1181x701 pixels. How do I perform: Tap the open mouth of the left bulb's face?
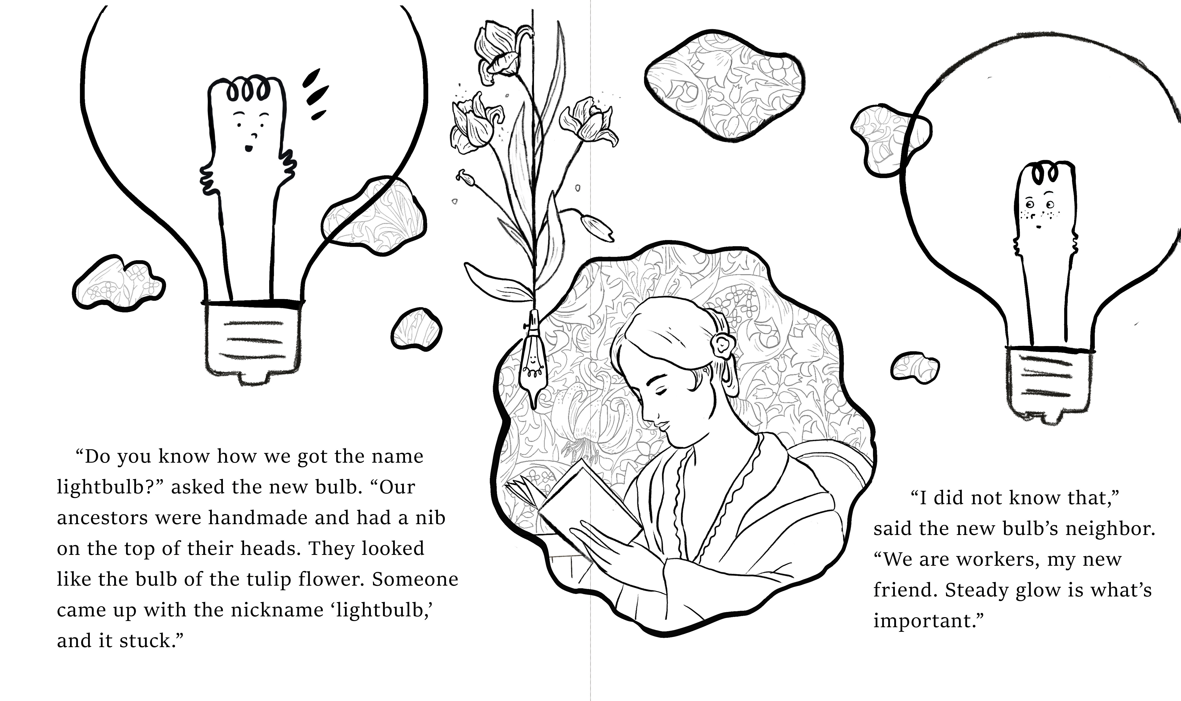(x=249, y=148)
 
